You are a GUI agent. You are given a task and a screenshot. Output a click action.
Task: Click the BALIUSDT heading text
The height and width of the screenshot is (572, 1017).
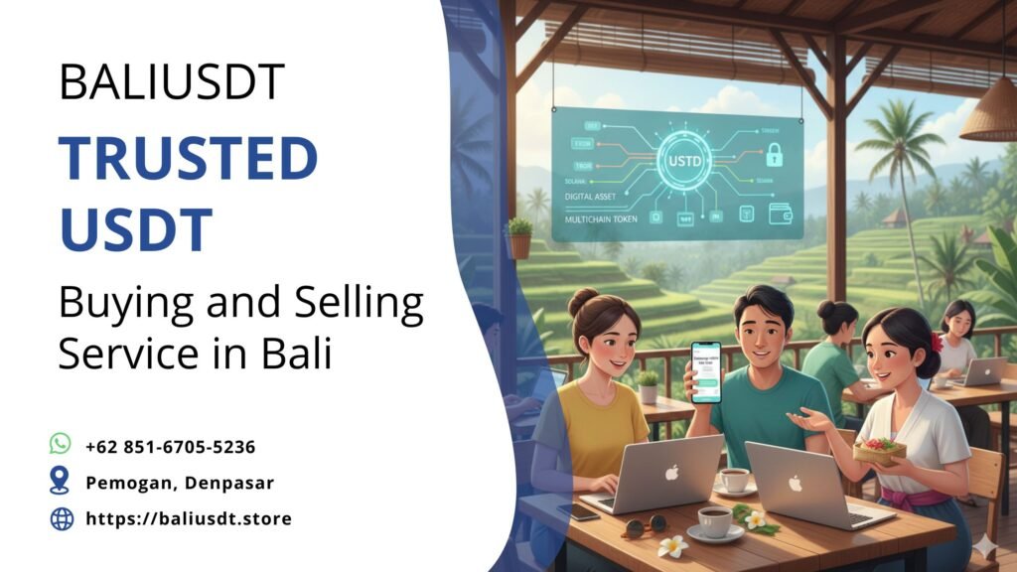pyautogui.click(x=172, y=81)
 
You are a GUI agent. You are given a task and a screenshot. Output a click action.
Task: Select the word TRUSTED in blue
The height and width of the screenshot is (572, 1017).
pyautogui.click(x=188, y=158)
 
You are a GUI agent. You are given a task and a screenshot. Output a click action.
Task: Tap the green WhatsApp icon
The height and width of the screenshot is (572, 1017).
pyautogui.click(x=61, y=445)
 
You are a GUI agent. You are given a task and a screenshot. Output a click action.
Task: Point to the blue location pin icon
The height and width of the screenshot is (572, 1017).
pyautogui.click(x=61, y=482)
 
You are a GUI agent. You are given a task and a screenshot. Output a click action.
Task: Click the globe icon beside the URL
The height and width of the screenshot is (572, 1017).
pyautogui.click(x=62, y=518)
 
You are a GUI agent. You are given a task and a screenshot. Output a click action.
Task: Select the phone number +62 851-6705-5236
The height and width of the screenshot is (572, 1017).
pyautogui.click(x=170, y=447)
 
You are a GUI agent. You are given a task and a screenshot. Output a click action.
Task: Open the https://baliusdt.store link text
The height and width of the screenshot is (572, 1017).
pyautogui.click(x=189, y=518)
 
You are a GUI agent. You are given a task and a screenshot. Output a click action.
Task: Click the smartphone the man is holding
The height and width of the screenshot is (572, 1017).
pyautogui.click(x=705, y=370)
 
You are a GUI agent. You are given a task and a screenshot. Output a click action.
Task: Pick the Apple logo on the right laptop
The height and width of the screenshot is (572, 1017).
pyautogui.click(x=795, y=484)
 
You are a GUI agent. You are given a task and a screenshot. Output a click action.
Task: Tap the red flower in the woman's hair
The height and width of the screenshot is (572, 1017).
pyautogui.click(x=935, y=343)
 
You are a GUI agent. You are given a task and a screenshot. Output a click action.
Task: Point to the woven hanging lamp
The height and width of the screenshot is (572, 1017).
pyautogui.click(x=989, y=112)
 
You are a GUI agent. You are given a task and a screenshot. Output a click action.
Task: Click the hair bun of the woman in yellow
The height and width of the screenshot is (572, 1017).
pyautogui.click(x=583, y=301)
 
